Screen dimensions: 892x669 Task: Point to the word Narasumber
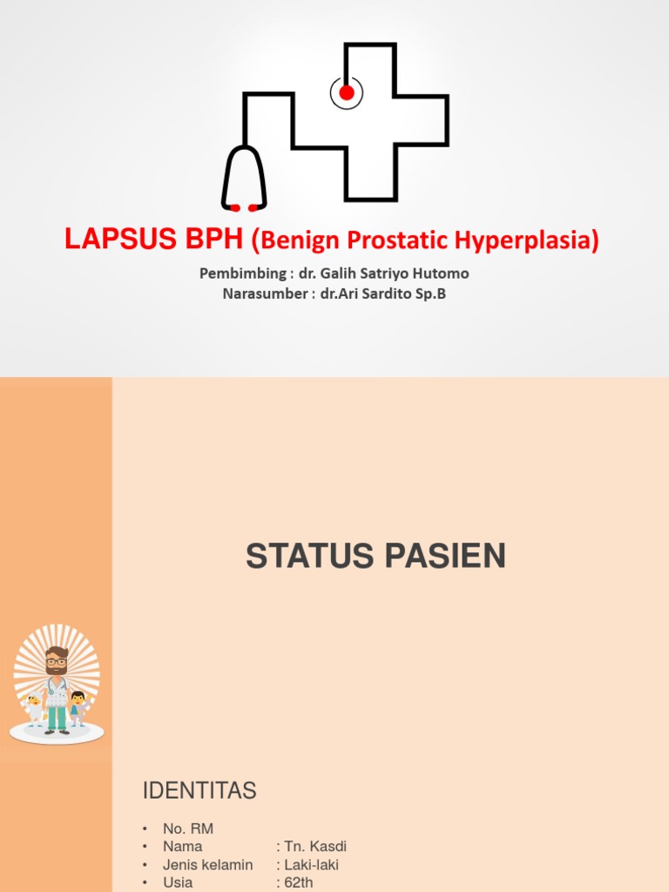click(x=262, y=294)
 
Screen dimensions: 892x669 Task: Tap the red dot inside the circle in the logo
click(x=347, y=92)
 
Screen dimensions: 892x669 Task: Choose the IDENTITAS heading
click(x=199, y=791)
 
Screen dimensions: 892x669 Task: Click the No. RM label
click(x=188, y=828)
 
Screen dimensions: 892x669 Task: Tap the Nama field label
click(x=182, y=847)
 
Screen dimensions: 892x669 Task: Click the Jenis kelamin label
click(x=207, y=865)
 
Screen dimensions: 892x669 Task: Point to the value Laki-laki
click(x=311, y=865)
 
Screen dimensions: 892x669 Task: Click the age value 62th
click(x=299, y=882)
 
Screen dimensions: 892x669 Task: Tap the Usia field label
click(x=178, y=882)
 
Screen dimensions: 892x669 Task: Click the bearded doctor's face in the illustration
click(x=57, y=663)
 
